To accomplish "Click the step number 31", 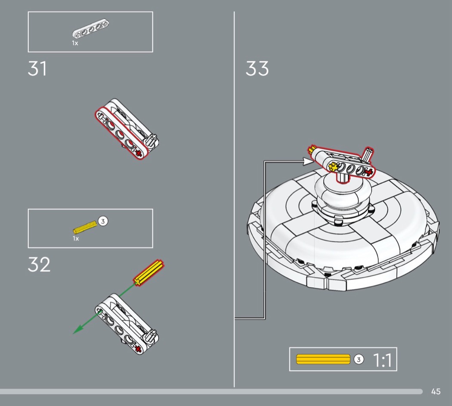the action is (37, 69).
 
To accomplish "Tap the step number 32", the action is (39, 264).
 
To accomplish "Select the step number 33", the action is (257, 69).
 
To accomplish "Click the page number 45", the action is (436, 392).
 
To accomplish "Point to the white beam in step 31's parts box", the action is (90, 28).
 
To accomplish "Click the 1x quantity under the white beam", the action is (75, 43).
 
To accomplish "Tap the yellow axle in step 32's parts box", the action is (85, 227).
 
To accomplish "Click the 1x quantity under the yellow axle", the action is (76, 239).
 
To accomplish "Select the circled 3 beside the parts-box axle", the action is (103, 222).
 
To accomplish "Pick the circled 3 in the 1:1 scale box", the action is (359, 359).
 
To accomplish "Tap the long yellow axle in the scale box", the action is (323, 359).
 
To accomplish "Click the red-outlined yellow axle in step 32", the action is (149, 273).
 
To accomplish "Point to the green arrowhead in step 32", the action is (77, 330).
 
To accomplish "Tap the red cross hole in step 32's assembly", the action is (138, 350).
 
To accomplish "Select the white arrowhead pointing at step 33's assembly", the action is (308, 161).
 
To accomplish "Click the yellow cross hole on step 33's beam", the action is (334, 167).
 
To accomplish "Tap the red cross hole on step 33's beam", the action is (368, 172).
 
